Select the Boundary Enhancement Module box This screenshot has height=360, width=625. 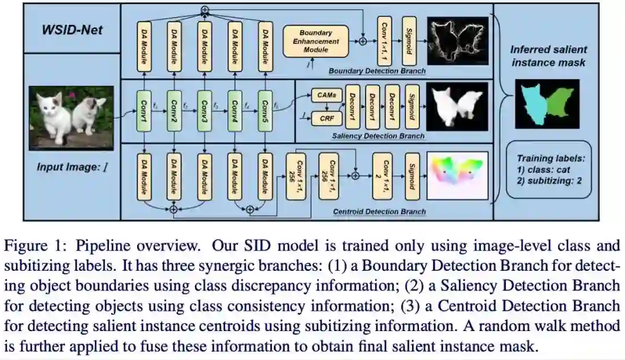[x=316, y=41]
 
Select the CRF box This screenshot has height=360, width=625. [x=326, y=118]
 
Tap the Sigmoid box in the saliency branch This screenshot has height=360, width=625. [x=411, y=106]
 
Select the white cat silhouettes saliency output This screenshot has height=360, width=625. [x=458, y=106]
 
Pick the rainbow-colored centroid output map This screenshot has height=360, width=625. [x=458, y=173]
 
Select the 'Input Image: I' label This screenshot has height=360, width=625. [x=72, y=168]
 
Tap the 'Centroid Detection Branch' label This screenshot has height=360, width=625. [x=379, y=212]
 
